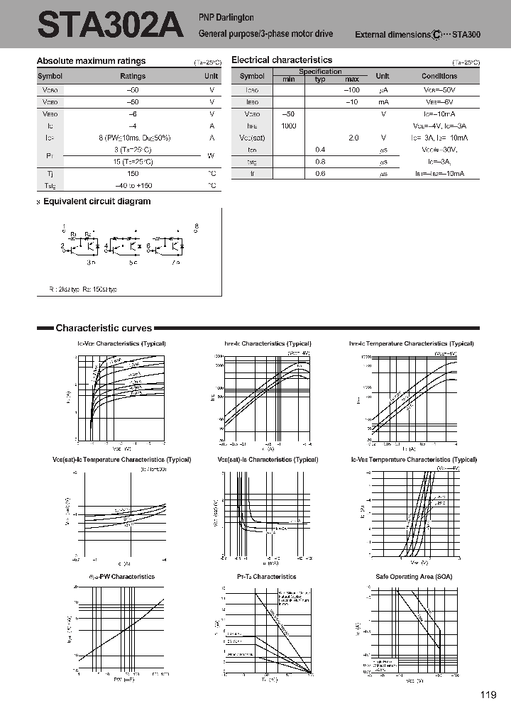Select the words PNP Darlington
click(x=226, y=17)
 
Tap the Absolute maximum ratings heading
click(x=91, y=62)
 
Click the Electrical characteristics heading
click(x=282, y=61)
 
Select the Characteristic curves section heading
click(x=104, y=328)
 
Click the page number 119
click(x=488, y=695)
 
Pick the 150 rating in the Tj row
click(x=133, y=173)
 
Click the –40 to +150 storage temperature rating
click(x=133, y=186)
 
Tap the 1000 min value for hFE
click(x=288, y=126)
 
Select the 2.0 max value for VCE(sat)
click(x=353, y=138)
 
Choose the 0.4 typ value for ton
click(x=320, y=150)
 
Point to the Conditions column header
click(x=439, y=77)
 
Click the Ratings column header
click(x=133, y=77)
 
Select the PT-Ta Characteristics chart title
click(x=267, y=576)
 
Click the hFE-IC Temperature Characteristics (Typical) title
click(x=412, y=343)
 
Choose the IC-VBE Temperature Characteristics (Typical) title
click(x=412, y=460)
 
